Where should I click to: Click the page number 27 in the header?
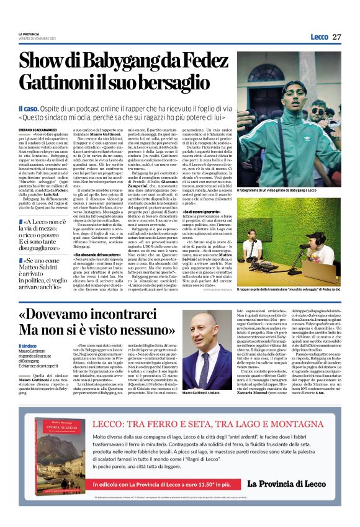click(x=336, y=37)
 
